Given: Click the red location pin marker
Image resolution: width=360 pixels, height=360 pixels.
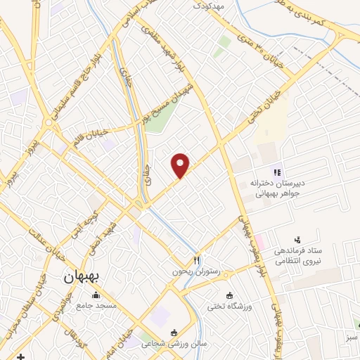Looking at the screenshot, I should point(181,166).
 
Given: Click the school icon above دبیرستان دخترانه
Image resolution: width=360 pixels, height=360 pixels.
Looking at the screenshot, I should point(277,172).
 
